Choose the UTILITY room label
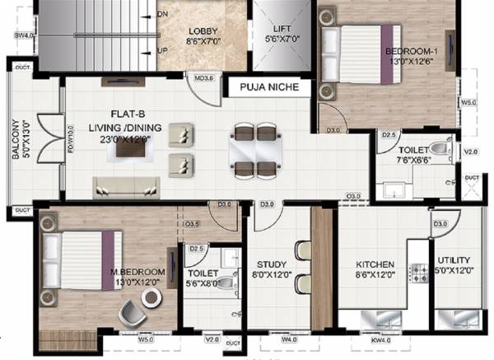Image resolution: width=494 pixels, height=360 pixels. click(x=454, y=265)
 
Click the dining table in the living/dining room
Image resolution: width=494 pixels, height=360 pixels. click(x=255, y=150)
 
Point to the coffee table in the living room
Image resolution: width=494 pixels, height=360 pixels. click(x=131, y=145)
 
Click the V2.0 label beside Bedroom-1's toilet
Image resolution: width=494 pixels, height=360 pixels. click(x=470, y=152)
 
